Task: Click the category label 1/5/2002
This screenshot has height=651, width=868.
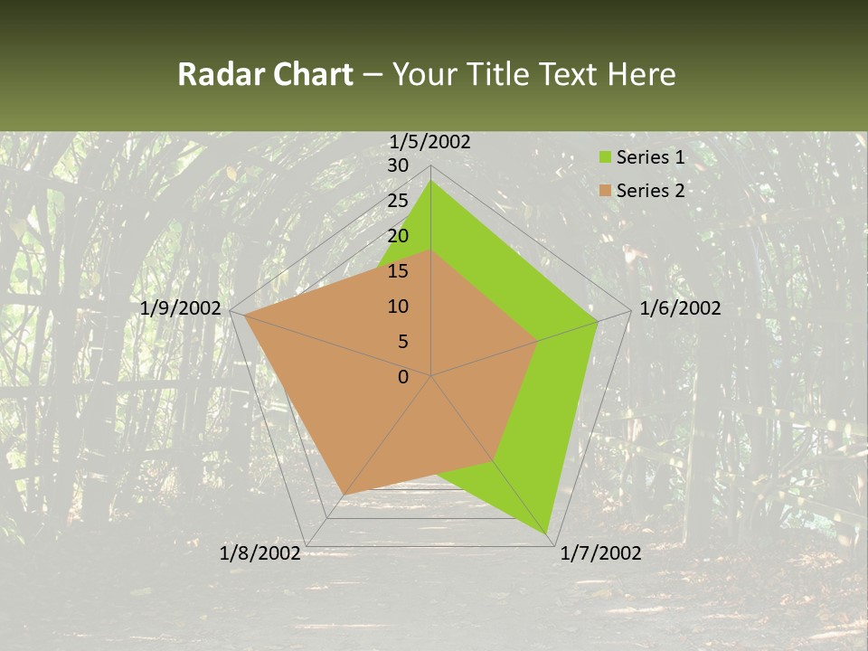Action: click(429, 141)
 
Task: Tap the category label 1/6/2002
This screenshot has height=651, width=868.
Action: click(680, 308)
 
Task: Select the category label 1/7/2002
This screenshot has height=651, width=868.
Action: click(600, 553)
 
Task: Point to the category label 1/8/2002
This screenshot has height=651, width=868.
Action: click(260, 553)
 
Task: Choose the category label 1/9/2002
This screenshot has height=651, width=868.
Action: click(181, 308)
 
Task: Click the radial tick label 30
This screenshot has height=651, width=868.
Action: click(398, 165)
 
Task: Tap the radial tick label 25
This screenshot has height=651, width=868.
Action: click(398, 201)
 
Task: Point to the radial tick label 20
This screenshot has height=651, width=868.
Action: click(398, 236)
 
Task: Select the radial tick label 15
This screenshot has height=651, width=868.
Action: click(398, 271)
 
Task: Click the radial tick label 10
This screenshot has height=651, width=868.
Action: click(398, 307)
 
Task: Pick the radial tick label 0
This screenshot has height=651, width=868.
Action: click(403, 377)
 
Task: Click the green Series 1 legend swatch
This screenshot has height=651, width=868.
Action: click(605, 158)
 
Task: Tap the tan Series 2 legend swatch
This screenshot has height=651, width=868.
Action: click(605, 191)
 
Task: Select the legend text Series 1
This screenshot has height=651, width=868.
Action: click(650, 158)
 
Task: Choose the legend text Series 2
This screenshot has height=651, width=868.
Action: click(650, 191)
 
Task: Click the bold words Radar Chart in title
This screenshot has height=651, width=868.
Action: click(265, 74)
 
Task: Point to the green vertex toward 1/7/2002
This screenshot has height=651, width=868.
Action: click(547, 534)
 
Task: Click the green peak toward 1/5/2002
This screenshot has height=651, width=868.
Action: click(431, 181)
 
